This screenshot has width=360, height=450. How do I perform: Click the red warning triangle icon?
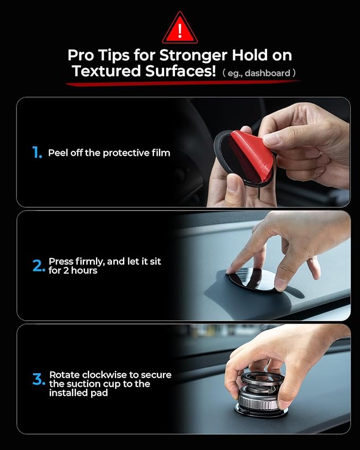(x=180, y=29)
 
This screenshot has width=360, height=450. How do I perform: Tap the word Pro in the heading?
(x=80, y=55)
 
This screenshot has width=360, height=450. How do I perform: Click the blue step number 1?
(x=37, y=153)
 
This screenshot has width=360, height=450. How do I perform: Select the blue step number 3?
(x=38, y=380)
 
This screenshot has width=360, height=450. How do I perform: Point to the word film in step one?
(x=160, y=153)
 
